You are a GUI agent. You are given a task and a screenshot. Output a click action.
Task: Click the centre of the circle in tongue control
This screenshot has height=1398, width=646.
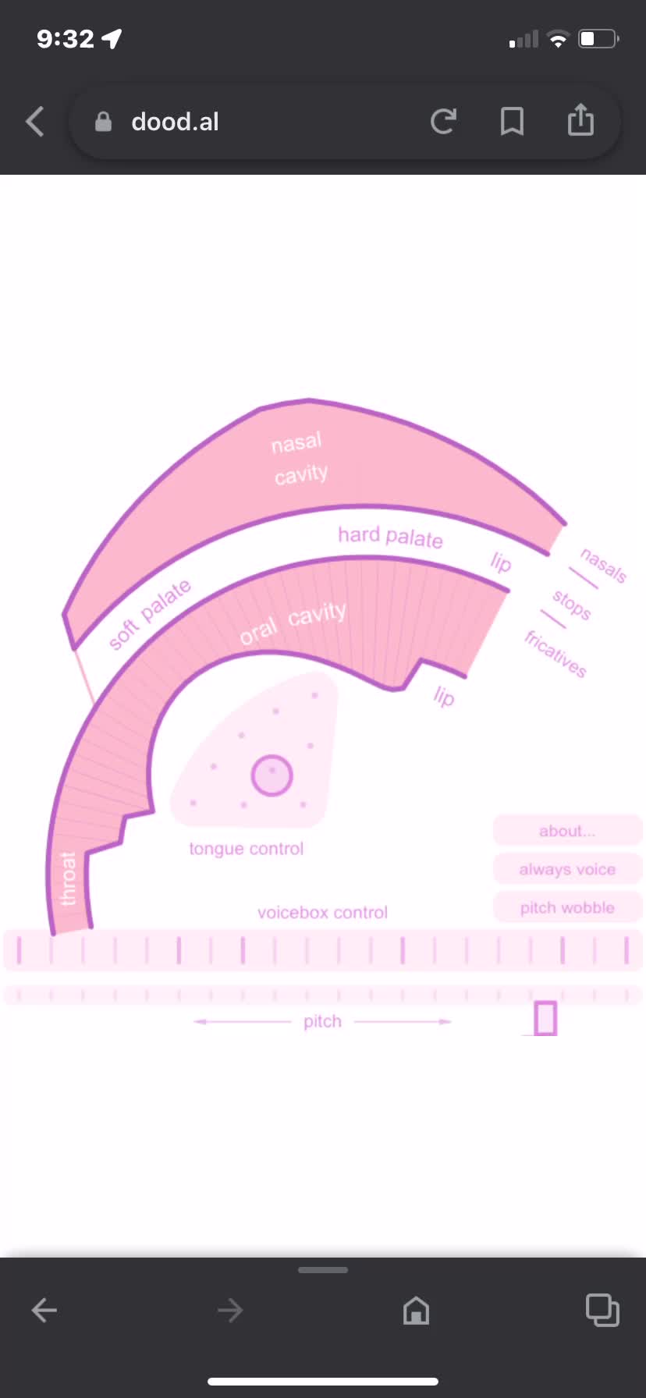(272, 775)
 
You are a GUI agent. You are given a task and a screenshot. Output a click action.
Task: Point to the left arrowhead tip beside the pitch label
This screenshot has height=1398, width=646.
(194, 1021)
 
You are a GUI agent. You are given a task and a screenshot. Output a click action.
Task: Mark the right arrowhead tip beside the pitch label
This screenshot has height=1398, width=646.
(451, 1021)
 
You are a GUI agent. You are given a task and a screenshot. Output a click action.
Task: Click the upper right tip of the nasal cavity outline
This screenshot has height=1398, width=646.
(566, 523)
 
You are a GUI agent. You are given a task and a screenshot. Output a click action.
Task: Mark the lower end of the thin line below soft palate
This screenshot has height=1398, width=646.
(94, 704)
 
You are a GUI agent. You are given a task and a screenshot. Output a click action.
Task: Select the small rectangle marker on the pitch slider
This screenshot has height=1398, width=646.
(545, 1018)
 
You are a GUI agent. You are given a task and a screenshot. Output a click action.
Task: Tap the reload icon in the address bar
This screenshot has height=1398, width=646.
(443, 121)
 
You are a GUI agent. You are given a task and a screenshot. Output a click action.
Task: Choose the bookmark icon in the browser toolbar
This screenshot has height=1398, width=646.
(512, 121)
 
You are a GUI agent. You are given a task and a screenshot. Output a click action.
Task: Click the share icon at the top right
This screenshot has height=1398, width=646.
(580, 119)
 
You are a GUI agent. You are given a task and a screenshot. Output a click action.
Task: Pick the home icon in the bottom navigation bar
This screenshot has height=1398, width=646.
(416, 1310)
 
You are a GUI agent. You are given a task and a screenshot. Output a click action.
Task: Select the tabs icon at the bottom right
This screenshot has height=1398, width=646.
(602, 1310)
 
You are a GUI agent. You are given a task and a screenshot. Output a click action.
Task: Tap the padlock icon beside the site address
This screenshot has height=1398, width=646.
(103, 121)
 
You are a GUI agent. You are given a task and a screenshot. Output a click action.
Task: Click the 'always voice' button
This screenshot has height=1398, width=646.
(567, 869)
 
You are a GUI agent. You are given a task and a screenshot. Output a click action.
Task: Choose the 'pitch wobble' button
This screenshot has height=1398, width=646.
(567, 907)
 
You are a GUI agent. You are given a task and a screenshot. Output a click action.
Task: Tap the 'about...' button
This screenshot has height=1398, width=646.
(567, 831)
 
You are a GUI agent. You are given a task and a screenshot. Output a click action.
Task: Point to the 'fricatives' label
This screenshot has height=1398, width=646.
(555, 654)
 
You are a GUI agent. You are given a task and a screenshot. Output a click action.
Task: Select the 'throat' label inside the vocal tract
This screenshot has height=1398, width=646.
(69, 879)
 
